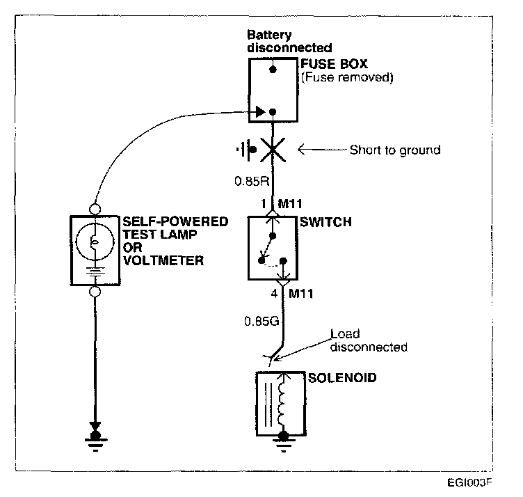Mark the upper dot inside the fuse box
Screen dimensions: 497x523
(274, 70)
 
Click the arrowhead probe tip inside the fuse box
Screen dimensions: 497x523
(260, 111)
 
